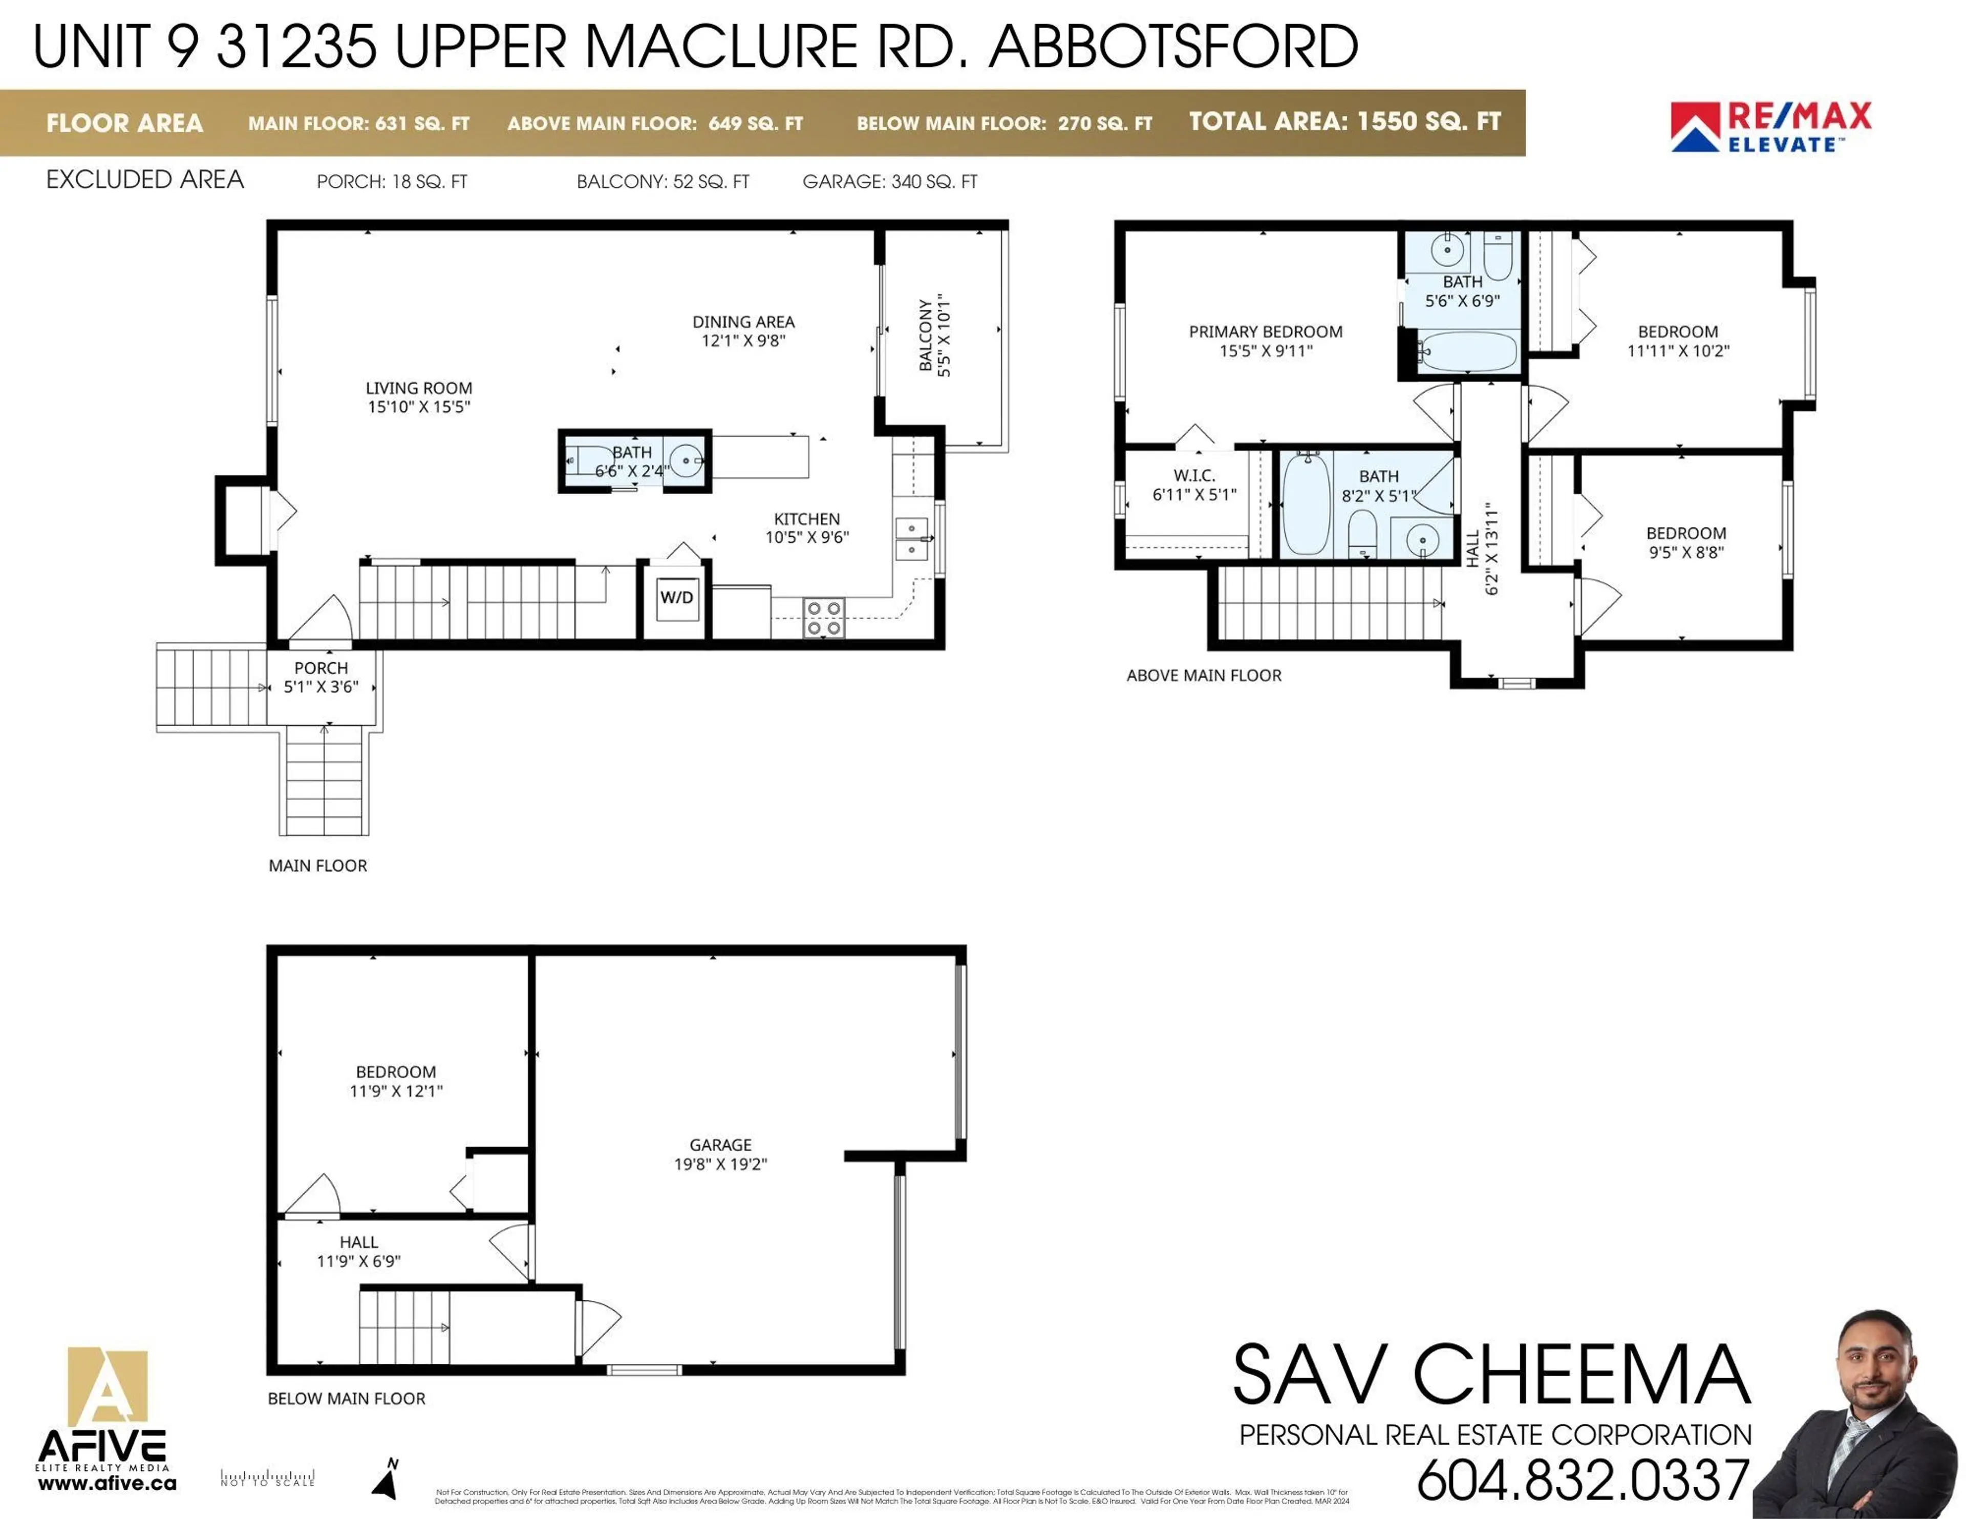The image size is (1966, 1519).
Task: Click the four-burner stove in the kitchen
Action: pyautogui.click(x=824, y=618)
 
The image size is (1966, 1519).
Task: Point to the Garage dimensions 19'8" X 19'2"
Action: pyautogui.click(x=720, y=1164)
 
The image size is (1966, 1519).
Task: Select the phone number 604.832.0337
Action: pyautogui.click(x=1583, y=1480)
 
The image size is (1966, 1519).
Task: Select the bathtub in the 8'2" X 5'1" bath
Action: pyautogui.click(x=1305, y=504)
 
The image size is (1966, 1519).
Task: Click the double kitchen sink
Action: pyautogui.click(x=911, y=538)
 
